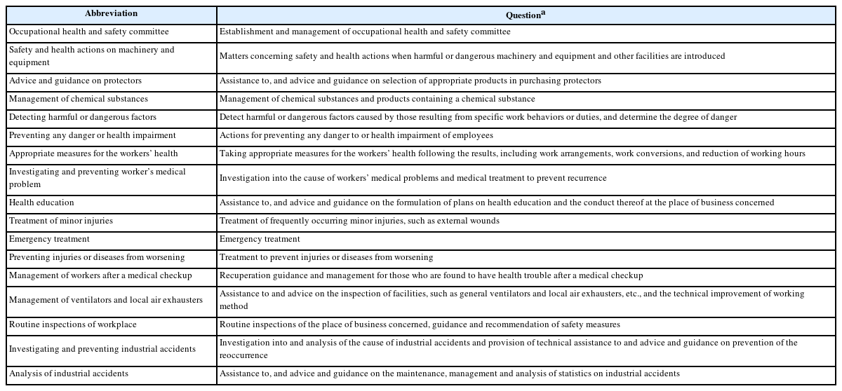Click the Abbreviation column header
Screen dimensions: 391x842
point(111,13)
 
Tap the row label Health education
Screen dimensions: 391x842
point(41,203)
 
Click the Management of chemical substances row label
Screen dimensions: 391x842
point(79,99)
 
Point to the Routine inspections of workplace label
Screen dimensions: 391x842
point(73,324)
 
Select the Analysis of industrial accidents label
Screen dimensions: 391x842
point(69,373)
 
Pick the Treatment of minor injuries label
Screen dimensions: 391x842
point(61,221)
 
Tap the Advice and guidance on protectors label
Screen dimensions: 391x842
point(75,81)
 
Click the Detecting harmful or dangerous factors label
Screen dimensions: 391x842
point(83,117)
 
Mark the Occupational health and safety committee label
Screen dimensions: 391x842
point(89,32)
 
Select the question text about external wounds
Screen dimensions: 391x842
point(359,221)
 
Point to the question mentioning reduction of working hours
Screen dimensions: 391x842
point(512,153)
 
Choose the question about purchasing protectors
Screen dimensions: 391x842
point(410,81)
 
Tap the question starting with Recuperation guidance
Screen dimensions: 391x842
point(431,275)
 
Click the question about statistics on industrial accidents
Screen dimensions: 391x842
point(450,373)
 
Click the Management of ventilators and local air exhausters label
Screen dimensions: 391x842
point(106,300)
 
